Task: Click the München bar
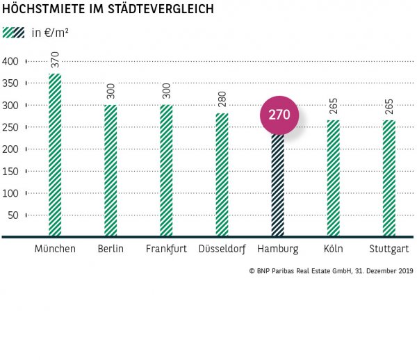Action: (55, 155)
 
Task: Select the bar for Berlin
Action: (111, 170)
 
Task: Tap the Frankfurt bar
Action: (166, 170)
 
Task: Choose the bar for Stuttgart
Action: (389, 178)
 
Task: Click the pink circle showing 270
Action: (279, 116)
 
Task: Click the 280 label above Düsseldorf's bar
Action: (222, 101)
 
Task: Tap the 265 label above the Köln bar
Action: (334, 108)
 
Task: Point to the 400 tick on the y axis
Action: (10, 61)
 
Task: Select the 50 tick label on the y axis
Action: (13, 215)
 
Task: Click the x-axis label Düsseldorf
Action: (222, 249)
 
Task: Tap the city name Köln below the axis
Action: (334, 249)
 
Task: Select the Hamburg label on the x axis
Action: (277, 249)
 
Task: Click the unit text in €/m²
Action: (50, 33)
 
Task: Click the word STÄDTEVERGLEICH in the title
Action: (157, 10)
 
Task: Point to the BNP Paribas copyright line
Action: (329, 270)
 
